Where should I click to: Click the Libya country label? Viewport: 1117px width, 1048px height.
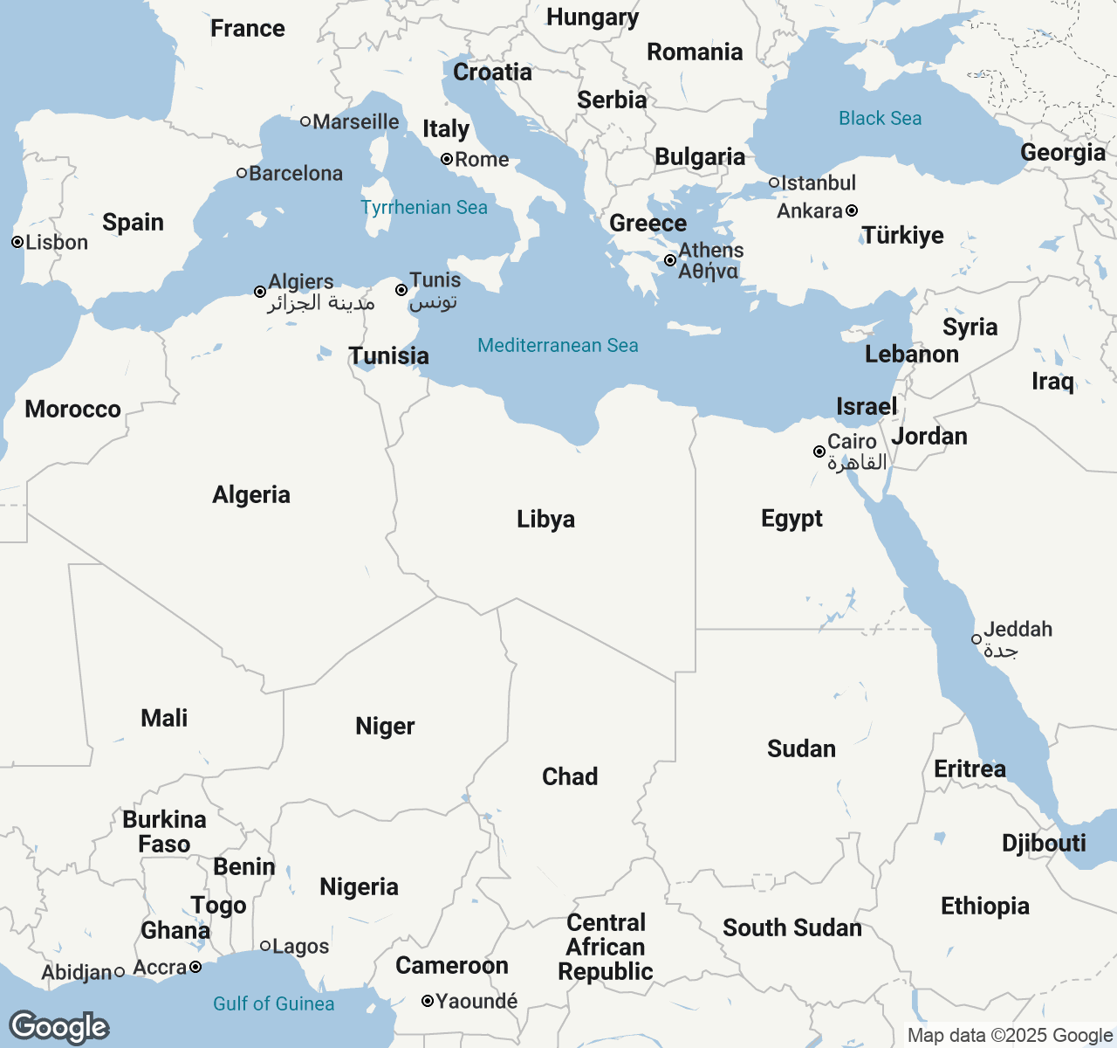545,520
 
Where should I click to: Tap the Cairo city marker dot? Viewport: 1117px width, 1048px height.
819,452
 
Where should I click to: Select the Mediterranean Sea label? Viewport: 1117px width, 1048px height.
558,346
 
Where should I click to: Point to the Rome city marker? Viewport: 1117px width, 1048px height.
447,159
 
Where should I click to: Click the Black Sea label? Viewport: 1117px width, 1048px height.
880,119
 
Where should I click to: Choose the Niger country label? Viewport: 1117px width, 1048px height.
385,727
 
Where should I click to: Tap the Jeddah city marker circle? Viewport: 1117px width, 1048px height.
977,639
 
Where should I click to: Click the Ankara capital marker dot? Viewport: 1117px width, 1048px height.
852,210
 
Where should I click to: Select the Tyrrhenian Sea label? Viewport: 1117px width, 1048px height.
424,208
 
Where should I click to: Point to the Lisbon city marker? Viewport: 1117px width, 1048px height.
17,242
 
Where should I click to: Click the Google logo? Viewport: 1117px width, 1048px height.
58,1027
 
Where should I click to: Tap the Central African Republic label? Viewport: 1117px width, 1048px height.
606,948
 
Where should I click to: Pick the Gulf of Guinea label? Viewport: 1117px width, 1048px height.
273,1004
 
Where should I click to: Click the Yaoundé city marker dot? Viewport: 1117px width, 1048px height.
428,1001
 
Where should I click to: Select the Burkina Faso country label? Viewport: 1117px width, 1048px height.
164,832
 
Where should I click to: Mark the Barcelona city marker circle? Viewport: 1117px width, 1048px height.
242,173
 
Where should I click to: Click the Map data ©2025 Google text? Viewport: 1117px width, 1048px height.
1010,1036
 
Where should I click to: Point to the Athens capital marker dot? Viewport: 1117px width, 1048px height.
670,260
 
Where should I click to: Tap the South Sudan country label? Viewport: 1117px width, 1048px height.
791,928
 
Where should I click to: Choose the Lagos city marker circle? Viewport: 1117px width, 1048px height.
265,946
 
